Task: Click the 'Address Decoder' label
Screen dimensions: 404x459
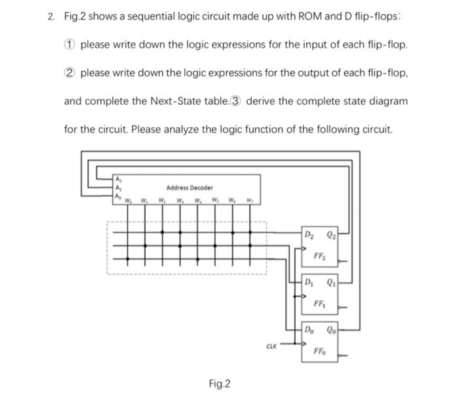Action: point(189,188)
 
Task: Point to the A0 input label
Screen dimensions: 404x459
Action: point(117,195)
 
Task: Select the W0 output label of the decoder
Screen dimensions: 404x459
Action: point(129,200)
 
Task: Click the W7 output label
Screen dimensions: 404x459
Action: point(250,200)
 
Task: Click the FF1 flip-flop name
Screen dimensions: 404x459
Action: point(321,303)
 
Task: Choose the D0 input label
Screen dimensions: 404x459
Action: point(309,330)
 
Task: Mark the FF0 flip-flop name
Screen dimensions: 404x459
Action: point(321,350)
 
